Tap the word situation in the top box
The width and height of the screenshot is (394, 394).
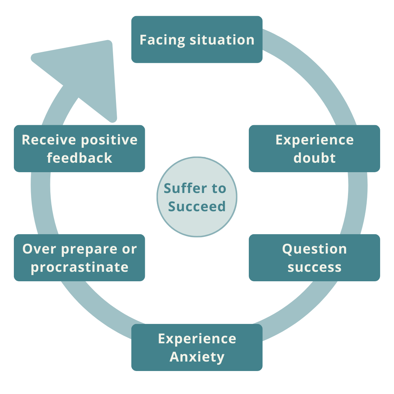(x=222, y=40)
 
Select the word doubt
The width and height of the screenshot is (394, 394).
(x=314, y=158)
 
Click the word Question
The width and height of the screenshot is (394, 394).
(x=314, y=249)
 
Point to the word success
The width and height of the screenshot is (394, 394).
(x=314, y=267)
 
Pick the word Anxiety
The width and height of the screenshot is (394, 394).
(x=197, y=357)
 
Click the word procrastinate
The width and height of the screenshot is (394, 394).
(x=80, y=267)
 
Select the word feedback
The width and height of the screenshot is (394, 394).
(x=80, y=158)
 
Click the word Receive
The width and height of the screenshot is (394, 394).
(x=49, y=140)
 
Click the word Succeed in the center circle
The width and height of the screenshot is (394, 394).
(x=197, y=206)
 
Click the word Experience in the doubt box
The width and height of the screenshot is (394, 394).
(x=314, y=140)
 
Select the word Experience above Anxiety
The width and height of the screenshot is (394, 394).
(x=197, y=339)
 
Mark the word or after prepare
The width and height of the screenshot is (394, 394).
(x=130, y=250)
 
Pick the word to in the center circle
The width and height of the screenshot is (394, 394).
(x=217, y=189)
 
